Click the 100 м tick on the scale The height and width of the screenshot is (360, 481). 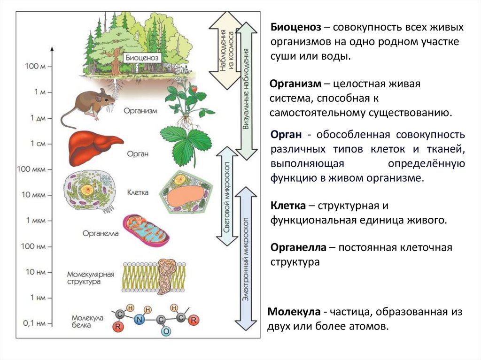pyautogui.click(x=36, y=66)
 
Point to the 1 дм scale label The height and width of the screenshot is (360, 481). pyautogui.click(x=37, y=118)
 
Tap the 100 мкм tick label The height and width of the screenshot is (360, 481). pyautogui.click(x=31, y=169)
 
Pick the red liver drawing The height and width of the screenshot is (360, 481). pyautogui.click(x=94, y=144)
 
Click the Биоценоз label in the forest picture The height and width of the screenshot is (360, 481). pyautogui.click(x=143, y=58)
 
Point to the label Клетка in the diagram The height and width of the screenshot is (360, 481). pyautogui.click(x=138, y=192)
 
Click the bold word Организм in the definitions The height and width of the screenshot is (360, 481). pyautogui.click(x=295, y=84)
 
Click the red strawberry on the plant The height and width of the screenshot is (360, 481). pyautogui.click(x=193, y=88)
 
